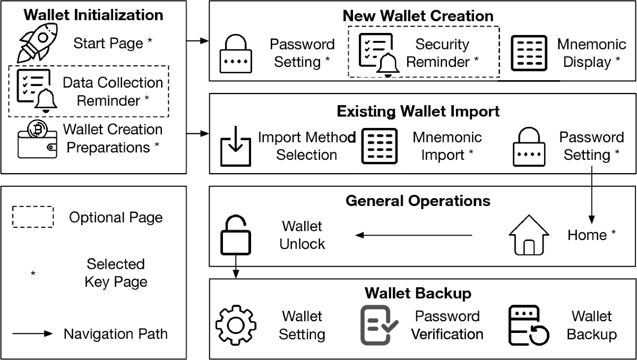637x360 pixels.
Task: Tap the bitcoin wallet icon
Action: [x=37, y=139]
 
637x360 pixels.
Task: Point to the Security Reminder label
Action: [x=442, y=53]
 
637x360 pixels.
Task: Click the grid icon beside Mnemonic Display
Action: [x=529, y=53]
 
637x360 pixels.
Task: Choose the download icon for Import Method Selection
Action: [x=235, y=146]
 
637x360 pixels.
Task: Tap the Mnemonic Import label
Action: [x=447, y=146]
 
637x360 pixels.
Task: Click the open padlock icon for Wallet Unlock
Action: [x=234, y=235]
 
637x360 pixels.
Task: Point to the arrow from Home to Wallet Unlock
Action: [x=414, y=235]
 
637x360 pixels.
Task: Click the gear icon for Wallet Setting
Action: [x=236, y=324]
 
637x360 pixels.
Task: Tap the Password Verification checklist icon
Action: [x=379, y=325]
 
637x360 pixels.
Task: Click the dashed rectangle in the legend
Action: [x=33, y=217]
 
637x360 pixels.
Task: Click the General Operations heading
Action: [x=418, y=201]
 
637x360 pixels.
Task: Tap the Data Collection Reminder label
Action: [x=113, y=91]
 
